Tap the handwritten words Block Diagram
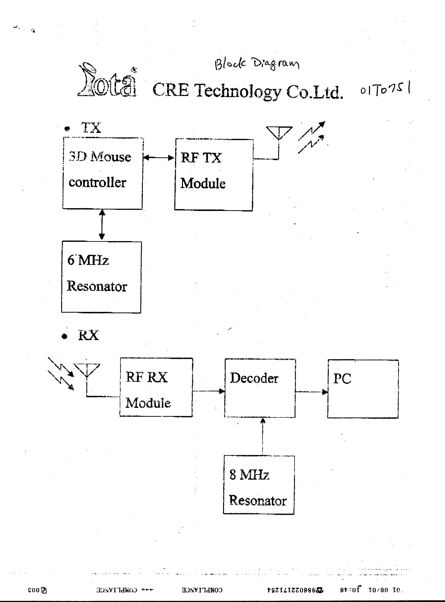[257, 64]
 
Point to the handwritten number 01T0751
[385, 90]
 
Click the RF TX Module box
[214, 175]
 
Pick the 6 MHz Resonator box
[101, 277]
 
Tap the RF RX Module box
[156, 387]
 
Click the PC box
[363, 389]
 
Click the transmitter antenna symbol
[279, 133]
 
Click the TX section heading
[91, 128]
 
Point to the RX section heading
[88, 336]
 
